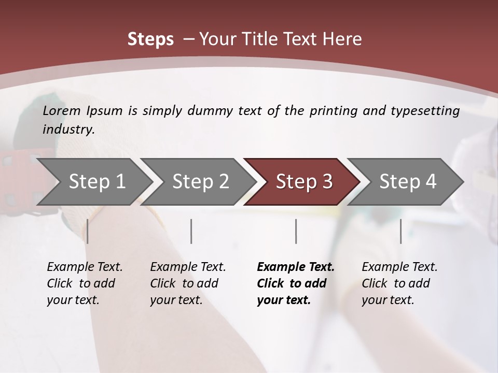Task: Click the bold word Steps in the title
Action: [x=150, y=39]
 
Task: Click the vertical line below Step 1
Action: [x=87, y=231]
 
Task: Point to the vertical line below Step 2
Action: [x=191, y=231]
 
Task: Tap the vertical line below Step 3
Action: [x=296, y=231]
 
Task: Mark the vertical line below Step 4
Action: [x=400, y=231]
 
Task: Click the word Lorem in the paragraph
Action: [x=62, y=110]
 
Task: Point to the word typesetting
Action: [x=425, y=111]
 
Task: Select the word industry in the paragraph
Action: [x=68, y=130]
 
